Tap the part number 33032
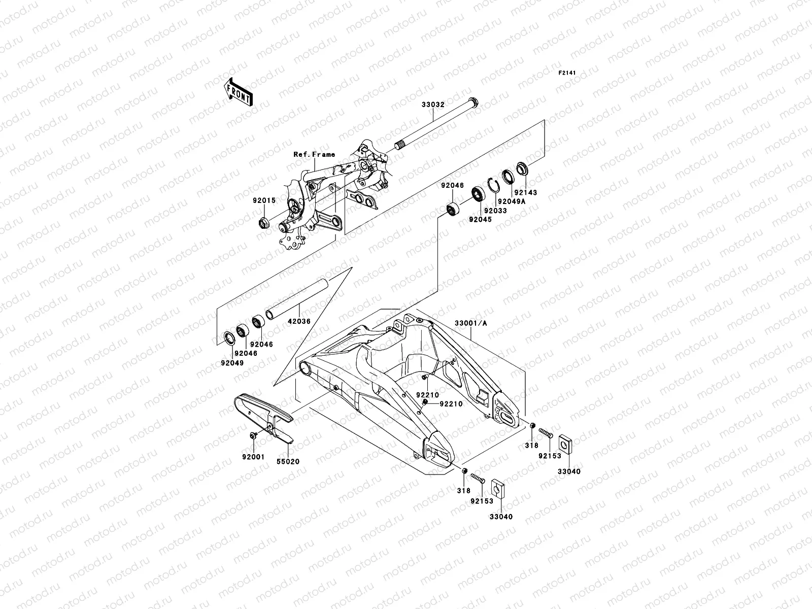[x=433, y=106]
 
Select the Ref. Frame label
[x=314, y=154]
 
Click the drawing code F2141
[x=568, y=73]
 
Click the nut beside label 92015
[x=264, y=221]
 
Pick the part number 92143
[x=525, y=193]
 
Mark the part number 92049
[x=232, y=363]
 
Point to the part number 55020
[x=288, y=462]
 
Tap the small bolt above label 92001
[x=253, y=435]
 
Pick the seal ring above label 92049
[x=230, y=337]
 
